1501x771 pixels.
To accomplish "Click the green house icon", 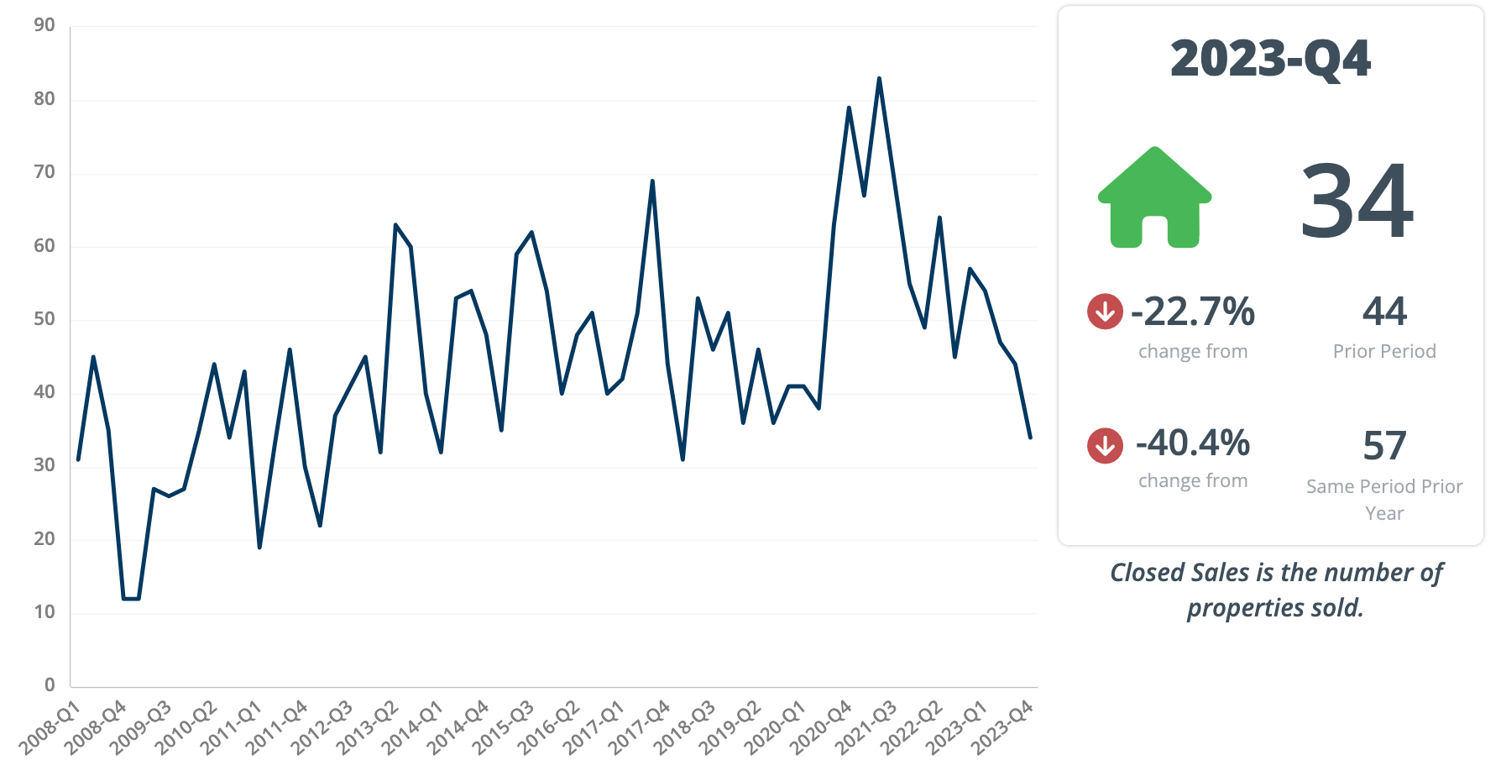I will click(x=1155, y=199).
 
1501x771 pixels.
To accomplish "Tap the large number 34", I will click(x=1357, y=202).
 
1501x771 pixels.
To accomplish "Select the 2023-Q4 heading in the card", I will click(x=1270, y=59).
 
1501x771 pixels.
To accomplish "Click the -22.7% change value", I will click(x=1193, y=312).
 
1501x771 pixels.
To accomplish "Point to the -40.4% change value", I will click(x=1193, y=443).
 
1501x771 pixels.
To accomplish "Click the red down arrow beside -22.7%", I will click(x=1105, y=312).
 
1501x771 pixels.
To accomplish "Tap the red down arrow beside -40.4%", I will click(x=1105, y=445).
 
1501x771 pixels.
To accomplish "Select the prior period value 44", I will click(x=1384, y=312).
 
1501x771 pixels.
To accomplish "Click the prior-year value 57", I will click(x=1384, y=445).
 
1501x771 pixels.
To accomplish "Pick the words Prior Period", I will click(x=1384, y=351).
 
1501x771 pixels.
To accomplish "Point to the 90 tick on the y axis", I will click(x=44, y=25).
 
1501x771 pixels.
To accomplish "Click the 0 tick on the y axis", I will click(x=50, y=684).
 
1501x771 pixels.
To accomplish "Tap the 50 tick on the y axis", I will click(x=44, y=318).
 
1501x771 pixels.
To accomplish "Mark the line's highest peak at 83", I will click(x=879, y=79).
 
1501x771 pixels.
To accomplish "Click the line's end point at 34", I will click(x=1030, y=437).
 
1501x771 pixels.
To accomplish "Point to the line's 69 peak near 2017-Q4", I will click(x=652, y=181).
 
